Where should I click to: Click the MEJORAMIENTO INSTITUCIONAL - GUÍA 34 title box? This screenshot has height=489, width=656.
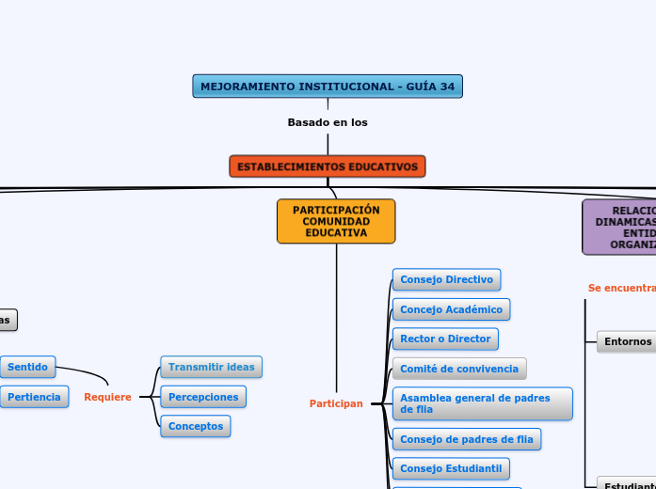tap(328, 87)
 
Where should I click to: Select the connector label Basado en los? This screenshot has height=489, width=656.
tap(328, 122)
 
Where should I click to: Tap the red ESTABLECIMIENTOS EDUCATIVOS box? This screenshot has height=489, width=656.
tap(328, 166)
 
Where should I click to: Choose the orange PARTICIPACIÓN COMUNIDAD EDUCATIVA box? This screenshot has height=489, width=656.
tap(336, 221)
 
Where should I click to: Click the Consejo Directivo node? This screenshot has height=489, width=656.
tap(446, 279)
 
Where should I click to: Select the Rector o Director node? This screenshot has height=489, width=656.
tap(445, 339)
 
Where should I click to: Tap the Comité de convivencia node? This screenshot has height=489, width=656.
tap(458, 369)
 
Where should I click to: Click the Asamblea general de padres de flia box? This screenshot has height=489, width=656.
tap(482, 403)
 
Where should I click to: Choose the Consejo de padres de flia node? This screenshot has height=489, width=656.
tap(467, 439)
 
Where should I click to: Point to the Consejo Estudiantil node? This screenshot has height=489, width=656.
tap(451, 468)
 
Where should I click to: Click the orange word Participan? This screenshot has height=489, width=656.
tap(336, 403)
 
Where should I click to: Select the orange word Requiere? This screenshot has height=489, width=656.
tap(107, 397)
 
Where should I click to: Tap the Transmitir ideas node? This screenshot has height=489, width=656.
tap(211, 367)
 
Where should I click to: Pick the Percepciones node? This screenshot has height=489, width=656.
tap(203, 397)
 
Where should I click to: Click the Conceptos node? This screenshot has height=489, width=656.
tap(196, 426)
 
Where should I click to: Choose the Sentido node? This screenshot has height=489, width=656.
tap(27, 366)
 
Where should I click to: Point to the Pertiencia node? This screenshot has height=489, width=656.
tap(34, 397)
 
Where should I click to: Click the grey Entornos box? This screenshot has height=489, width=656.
tap(626, 342)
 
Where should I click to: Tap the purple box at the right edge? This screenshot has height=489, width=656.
tap(619, 227)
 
